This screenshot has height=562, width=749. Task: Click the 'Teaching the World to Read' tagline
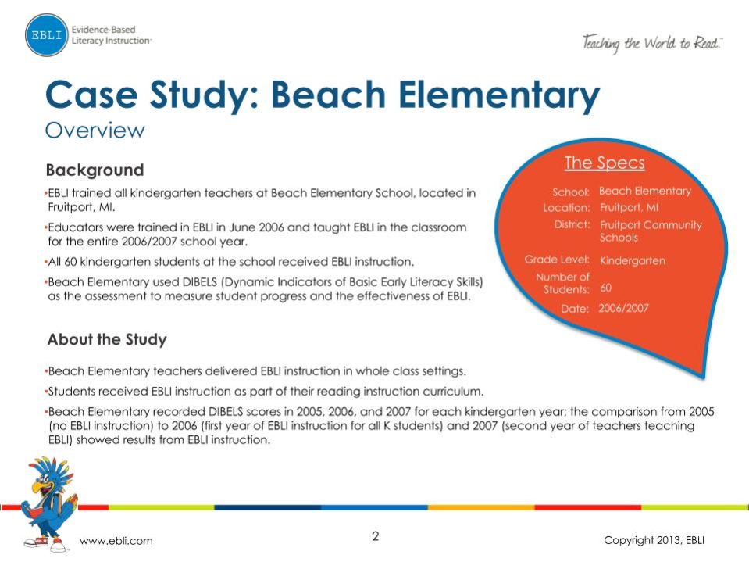[x=651, y=43]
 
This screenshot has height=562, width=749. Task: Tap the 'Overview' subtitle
[x=95, y=130]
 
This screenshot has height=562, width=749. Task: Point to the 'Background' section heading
[x=95, y=170]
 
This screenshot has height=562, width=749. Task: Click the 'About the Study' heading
[x=106, y=339]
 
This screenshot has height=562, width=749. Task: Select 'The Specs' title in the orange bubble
[x=604, y=163]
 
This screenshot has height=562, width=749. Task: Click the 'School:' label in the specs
[x=570, y=192]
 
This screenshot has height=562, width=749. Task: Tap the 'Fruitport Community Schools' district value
[x=650, y=231]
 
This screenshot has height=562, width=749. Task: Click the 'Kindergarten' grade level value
[x=632, y=260]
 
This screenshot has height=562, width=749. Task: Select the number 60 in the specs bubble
[x=605, y=288]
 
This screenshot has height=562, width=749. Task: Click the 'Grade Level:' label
[x=556, y=260]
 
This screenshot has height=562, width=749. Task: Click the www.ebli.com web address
[x=116, y=541]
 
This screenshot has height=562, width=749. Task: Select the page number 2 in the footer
[x=375, y=536]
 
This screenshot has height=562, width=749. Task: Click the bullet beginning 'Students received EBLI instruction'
[x=266, y=390]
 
